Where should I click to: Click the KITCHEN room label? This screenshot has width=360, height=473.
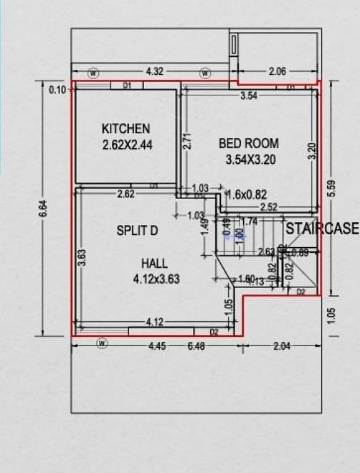click(x=126, y=129)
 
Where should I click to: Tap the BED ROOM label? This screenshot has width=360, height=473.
click(x=249, y=143)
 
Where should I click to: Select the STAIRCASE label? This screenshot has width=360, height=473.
click(x=323, y=229)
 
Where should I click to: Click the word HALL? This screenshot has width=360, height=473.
click(x=155, y=264)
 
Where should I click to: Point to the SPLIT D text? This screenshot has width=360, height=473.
click(x=136, y=231)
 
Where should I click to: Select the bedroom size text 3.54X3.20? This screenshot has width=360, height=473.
click(x=250, y=160)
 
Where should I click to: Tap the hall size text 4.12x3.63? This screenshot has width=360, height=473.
click(x=156, y=279)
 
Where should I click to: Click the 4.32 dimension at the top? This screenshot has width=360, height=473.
click(x=155, y=72)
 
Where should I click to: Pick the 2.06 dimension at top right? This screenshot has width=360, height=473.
click(x=277, y=72)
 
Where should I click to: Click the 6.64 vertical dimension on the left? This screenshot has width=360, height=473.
click(x=43, y=209)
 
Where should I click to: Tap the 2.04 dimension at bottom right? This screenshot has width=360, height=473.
click(x=282, y=346)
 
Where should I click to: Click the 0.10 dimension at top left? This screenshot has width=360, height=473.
click(x=57, y=90)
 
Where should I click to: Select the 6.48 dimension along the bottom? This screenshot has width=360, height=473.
click(x=195, y=346)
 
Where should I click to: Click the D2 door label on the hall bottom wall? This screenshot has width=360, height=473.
click(x=214, y=332)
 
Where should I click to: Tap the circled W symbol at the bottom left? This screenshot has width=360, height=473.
click(x=102, y=344)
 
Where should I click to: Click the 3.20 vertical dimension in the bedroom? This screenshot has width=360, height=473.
click(x=311, y=152)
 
